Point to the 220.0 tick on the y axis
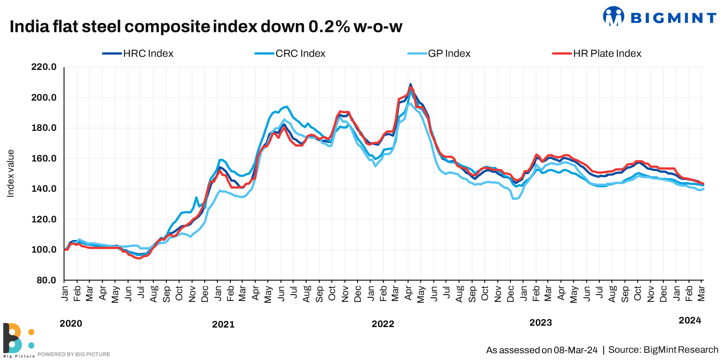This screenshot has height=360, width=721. (44, 67)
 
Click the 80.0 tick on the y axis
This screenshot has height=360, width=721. (46, 280)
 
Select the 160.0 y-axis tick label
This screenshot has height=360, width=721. (44, 158)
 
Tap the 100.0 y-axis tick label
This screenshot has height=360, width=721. (44, 249)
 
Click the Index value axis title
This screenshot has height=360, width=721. (11, 174)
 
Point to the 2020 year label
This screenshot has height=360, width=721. (71, 323)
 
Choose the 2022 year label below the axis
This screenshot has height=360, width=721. (383, 324)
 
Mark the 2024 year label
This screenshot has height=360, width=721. (690, 320)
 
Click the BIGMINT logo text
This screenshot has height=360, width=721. (673, 18)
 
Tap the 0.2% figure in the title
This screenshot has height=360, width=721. (329, 27)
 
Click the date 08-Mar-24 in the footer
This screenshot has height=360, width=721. (576, 350)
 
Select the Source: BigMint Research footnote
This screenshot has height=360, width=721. (663, 350)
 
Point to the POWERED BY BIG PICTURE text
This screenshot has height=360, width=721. (73, 355)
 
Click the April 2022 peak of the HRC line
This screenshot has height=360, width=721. (410, 84)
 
